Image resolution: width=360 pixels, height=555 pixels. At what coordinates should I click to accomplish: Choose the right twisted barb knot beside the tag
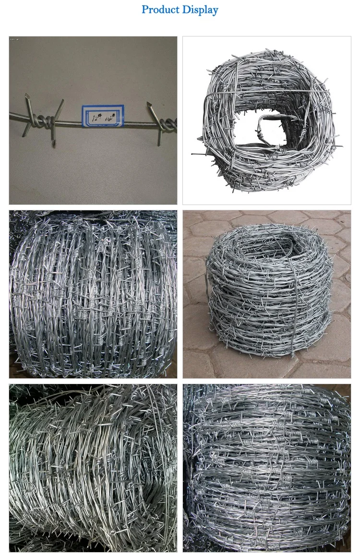[166, 124]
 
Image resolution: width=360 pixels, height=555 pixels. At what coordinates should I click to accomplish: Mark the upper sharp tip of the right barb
[147, 104]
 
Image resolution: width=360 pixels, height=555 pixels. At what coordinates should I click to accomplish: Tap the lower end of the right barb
[159, 143]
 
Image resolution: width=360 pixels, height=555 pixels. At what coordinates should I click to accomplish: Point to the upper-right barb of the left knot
[61, 102]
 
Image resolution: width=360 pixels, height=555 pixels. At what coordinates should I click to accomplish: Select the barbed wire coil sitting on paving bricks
[269, 293]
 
